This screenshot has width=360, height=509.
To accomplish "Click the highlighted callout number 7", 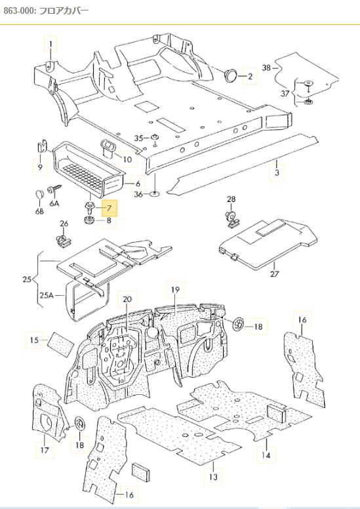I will [109, 209].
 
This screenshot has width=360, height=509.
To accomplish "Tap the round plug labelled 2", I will [231, 76].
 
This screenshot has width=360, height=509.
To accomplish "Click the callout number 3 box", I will [277, 173].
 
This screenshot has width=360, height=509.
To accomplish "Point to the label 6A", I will [55, 203].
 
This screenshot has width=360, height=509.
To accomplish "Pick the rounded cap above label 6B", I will [39, 193].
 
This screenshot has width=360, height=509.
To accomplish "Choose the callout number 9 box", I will [40, 168].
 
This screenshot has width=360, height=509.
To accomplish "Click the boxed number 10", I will [127, 159].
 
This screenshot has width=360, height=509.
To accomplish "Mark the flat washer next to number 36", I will [154, 193].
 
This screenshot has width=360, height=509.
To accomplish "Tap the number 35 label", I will [138, 138].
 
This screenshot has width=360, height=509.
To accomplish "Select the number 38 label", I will [266, 68].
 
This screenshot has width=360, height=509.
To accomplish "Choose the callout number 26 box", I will [64, 225].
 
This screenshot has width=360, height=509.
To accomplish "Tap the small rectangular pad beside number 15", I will [62, 341].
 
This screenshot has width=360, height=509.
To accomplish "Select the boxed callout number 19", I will [175, 289].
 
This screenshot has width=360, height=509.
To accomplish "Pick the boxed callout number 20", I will [127, 299].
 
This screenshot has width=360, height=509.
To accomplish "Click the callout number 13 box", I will [214, 476].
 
